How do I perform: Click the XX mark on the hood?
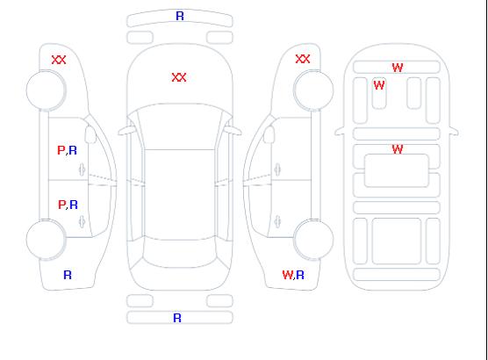pos(179,77)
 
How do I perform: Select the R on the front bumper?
pos(180,16)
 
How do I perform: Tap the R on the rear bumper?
pos(177,318)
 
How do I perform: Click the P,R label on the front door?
pos(67,150)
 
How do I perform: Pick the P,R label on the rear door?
pos(68,205)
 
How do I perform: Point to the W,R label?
pos(293,275)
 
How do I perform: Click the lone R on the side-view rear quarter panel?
pos(68,275)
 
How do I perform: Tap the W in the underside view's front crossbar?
pos(398,68)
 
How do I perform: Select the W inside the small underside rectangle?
pos(379,85)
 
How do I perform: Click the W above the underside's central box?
pos(398,149)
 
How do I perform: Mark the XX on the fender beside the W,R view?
pos(303,59)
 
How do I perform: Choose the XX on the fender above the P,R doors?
pos(59,60)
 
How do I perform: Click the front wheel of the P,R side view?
pos(46,90)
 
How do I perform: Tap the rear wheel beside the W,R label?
pos(313,239)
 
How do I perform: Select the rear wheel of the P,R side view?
pos(46,240)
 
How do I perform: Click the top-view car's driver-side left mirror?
pos(126,131)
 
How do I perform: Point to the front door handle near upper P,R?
pos(83,169)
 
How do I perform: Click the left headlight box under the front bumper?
pos(140,38)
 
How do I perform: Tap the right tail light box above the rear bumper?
pos(219,301)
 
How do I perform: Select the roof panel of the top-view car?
pos(180,195)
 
